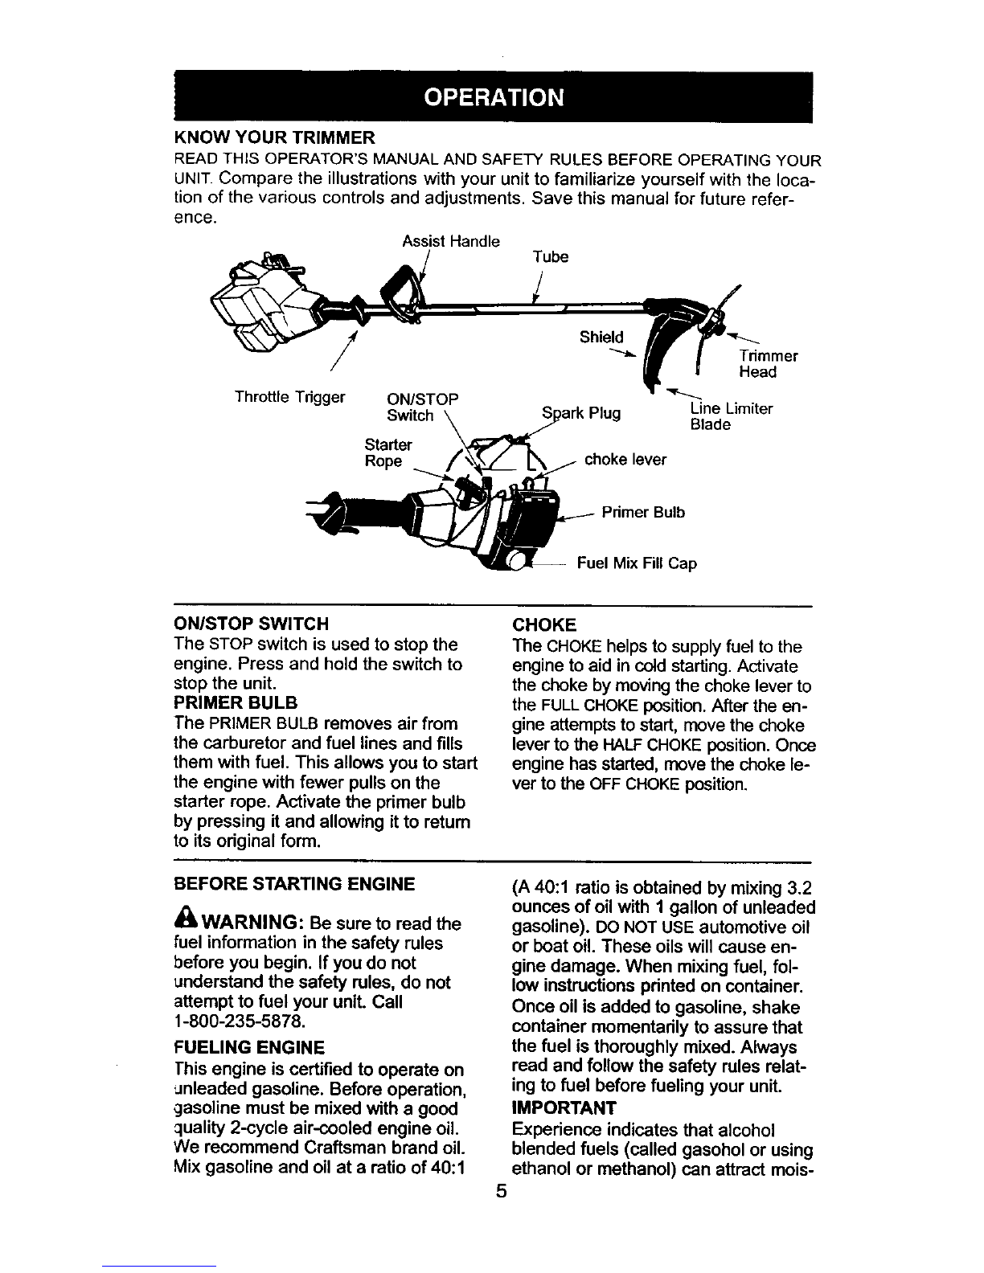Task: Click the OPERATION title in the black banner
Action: [493, 98]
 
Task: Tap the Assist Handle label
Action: [450, 241]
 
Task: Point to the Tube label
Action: [551, 257]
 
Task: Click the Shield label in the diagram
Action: [601, 337]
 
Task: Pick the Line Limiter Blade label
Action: [731, 416]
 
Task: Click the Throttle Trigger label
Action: [289, 397]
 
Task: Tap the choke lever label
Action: [625, 460]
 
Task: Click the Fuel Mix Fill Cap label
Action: [637, 563]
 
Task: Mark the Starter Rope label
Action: [388, 453]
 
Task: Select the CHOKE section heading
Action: [544, 624]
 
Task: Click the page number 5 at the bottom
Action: [500, 1192]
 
